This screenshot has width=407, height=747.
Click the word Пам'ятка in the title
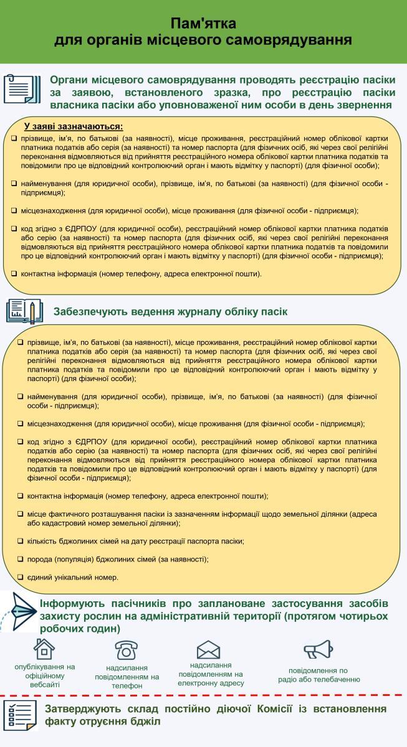(203, 24)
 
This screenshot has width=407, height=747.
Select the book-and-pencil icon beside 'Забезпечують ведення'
(24, 311)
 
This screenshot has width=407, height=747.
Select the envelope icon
(208, 650)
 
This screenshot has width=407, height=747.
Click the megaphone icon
(318, 649)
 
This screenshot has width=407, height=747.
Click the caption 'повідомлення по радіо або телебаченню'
(319, 675)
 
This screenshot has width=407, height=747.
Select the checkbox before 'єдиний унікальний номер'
(20, 577)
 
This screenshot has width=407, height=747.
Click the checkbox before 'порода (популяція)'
(20, 558)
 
